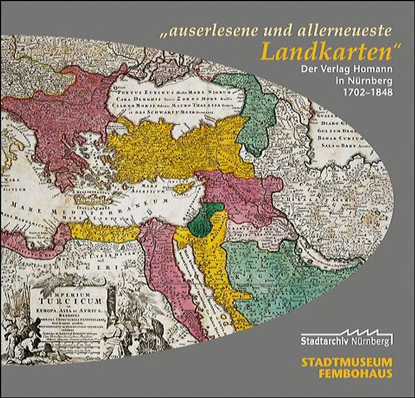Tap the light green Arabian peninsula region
click(x=279, y=279)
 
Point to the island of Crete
click(x=100, y=200)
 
